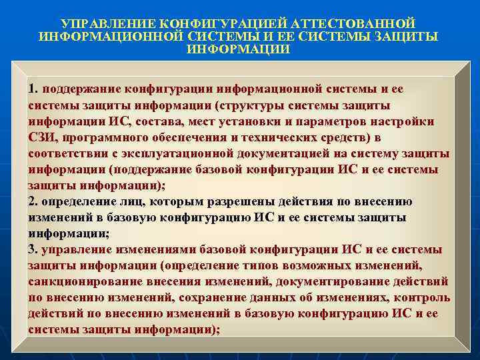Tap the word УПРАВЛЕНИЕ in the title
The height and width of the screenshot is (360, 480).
click(111, 23)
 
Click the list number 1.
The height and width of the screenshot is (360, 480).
click(33, 89)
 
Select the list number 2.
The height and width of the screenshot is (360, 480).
click(33, 201)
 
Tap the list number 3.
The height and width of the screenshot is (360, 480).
click(33, 249)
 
